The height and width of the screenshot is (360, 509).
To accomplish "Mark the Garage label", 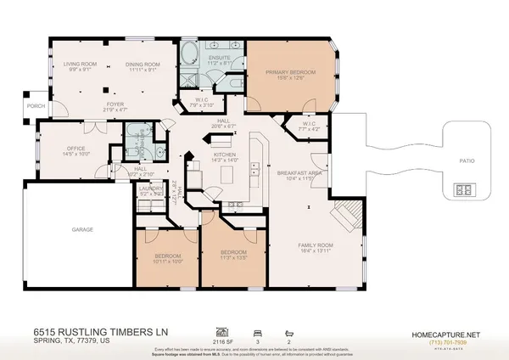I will coord(82,229).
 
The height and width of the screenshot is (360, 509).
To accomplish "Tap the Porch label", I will coord(13,106).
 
